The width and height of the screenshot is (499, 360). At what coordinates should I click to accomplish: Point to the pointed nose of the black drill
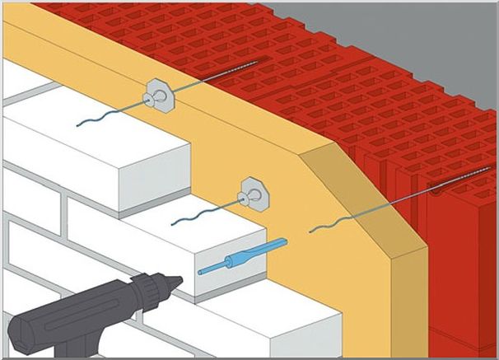click(174, 281)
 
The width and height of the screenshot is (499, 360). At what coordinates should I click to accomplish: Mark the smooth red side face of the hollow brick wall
click(461, 272)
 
